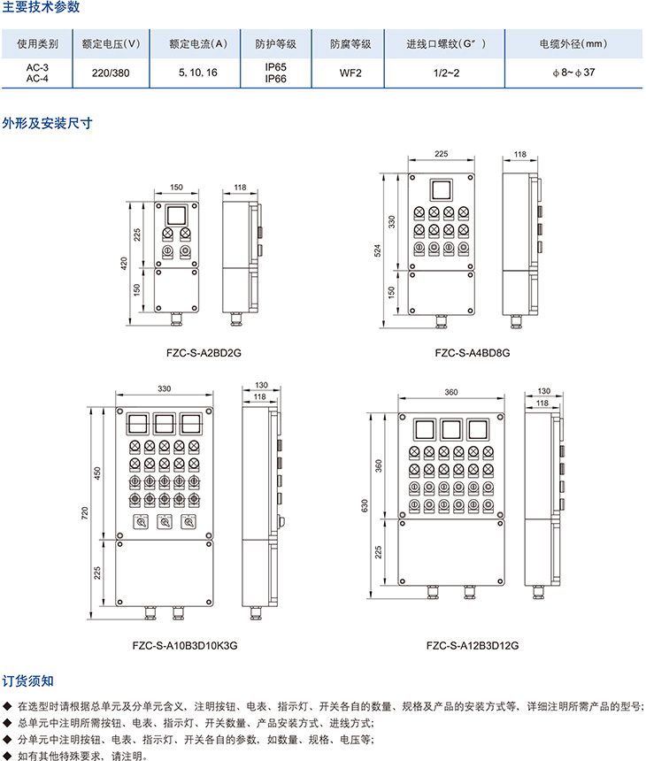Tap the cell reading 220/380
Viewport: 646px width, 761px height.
pos(111,73)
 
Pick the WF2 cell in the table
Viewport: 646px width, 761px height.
pos(350,73)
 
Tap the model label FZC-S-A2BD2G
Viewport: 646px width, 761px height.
pos(204,352)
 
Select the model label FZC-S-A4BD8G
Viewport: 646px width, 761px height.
pos(473,352)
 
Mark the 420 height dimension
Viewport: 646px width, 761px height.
pos(125,263)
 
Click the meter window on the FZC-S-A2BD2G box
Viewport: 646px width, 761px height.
pos(176,215)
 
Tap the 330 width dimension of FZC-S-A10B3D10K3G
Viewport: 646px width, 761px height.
pos(165,388)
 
